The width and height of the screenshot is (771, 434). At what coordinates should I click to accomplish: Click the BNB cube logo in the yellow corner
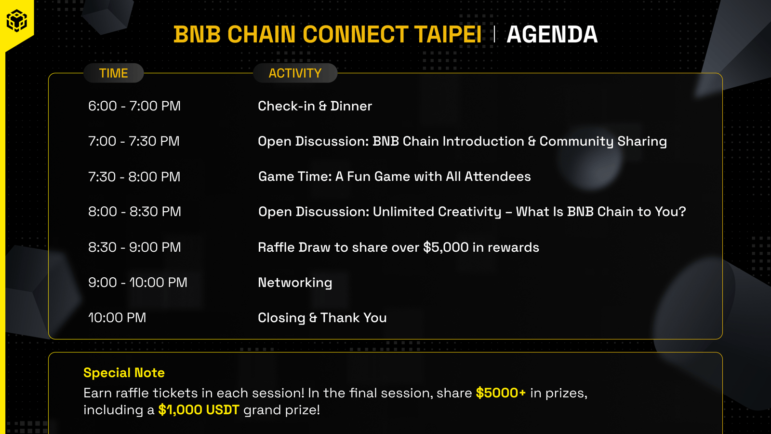coord(17,20)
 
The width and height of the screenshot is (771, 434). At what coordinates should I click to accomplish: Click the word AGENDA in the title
coord(552,34)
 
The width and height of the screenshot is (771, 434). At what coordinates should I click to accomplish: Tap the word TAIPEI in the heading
coord(448,34)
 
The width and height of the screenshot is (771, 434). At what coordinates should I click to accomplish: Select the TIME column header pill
coord(114,73)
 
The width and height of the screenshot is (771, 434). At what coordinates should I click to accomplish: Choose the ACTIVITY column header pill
coord(295,73)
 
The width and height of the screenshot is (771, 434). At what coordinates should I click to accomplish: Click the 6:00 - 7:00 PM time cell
coord(134,106)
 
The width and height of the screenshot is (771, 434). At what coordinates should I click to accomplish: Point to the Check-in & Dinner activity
coord(315,106)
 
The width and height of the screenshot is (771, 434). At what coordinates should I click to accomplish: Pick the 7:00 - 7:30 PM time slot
coord(133,141)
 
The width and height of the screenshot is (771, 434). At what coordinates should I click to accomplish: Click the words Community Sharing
coord(603,142)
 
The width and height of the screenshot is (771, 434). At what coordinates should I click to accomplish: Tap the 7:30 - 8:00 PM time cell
coord(134,176)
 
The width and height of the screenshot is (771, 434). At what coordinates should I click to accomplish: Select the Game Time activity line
coord(395,176)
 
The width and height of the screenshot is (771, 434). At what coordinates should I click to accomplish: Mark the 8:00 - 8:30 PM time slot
coord(134,212)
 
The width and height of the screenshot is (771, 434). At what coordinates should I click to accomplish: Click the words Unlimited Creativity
coord(437,212)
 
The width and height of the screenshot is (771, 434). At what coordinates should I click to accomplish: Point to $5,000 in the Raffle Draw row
coord(446,247)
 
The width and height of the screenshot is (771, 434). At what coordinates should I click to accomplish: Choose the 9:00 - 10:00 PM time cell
coord(138,283)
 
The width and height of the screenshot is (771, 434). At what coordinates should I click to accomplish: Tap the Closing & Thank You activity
coord(322,318)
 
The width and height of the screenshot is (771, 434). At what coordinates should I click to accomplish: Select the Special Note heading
coord(124,373)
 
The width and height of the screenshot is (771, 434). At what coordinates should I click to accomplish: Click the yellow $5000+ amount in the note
coord(501,393)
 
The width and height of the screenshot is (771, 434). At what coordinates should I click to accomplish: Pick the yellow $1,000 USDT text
coord(199,410)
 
